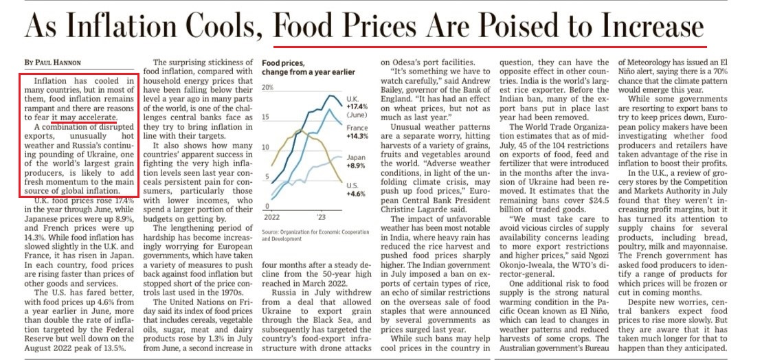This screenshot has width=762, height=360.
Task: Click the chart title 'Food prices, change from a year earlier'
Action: coord(309,67)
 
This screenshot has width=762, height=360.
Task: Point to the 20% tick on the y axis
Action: coord(268,88)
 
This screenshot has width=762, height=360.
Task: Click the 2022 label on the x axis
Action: coord(274,216)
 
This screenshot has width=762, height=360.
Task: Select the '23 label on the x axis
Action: coord(320,216)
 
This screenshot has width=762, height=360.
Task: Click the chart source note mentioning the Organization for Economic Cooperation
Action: coord(315,235)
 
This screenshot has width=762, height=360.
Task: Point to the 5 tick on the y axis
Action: coord(268,177)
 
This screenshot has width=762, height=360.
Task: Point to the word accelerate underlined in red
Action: coord(93,117)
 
